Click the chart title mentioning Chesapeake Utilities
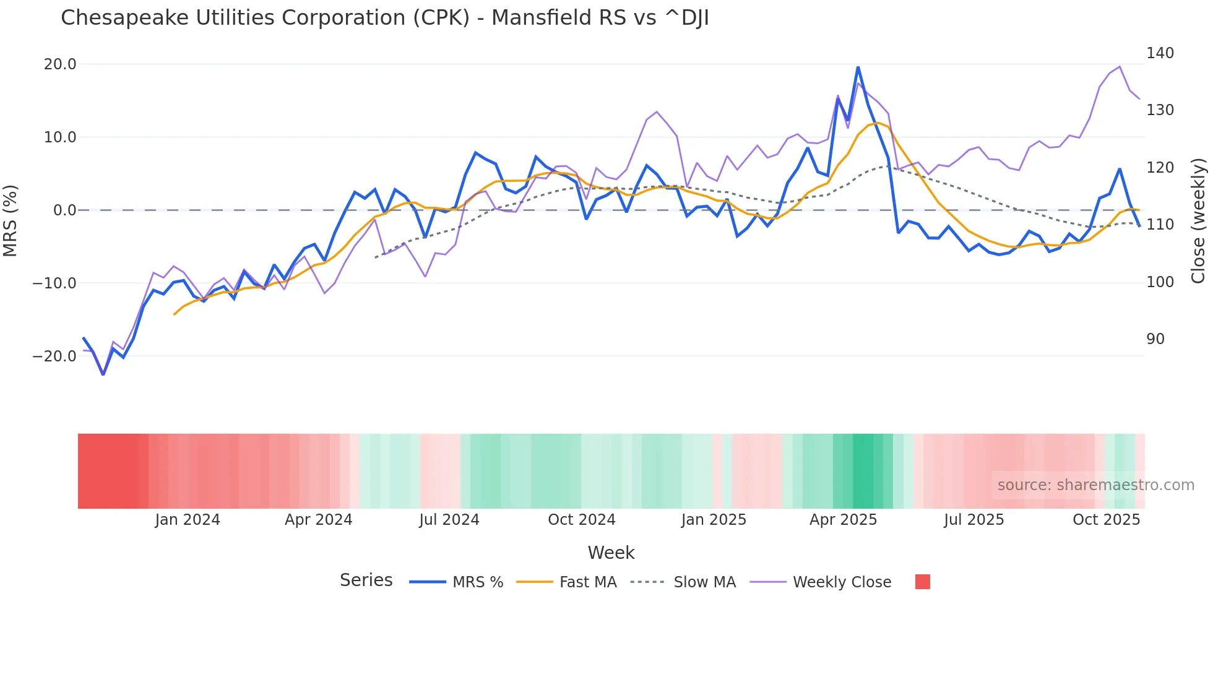384,18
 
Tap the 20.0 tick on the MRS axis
59,64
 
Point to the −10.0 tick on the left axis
54,283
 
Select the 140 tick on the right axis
1160,53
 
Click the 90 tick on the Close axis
1155,339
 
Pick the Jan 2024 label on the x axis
187,520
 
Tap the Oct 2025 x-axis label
1106,520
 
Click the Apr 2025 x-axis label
843,520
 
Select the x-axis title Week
611,553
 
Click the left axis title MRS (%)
11,221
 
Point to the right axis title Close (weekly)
1198,221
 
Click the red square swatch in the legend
922,582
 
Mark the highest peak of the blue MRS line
858,67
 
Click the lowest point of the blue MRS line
103,374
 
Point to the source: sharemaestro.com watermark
1095,485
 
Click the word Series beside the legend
366,581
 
